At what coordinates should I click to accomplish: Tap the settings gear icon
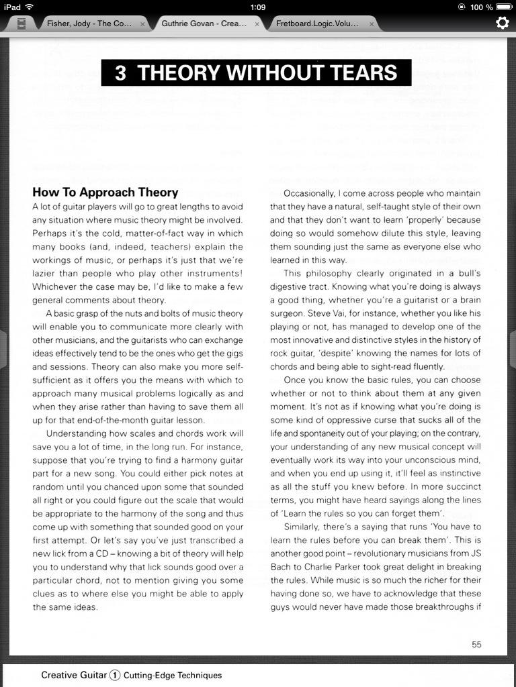coord(502,23)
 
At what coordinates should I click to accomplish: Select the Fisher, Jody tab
coord(89,23)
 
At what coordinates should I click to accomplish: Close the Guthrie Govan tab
coord(257,24)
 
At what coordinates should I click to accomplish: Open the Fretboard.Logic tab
coord(316,23)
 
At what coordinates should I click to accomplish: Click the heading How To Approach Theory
coord(105,193)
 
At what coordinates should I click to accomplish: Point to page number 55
coord(476,644)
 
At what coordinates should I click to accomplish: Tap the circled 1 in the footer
coord(115,676)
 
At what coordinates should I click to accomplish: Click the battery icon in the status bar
coord(504,7)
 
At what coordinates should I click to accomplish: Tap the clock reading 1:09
coord(257,7)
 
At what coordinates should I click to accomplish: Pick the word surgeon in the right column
coord(287,313)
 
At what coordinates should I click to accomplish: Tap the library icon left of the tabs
coord(22,24)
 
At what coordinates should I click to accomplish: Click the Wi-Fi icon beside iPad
coord(30,7)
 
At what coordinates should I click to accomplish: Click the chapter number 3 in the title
coord(120,72)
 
